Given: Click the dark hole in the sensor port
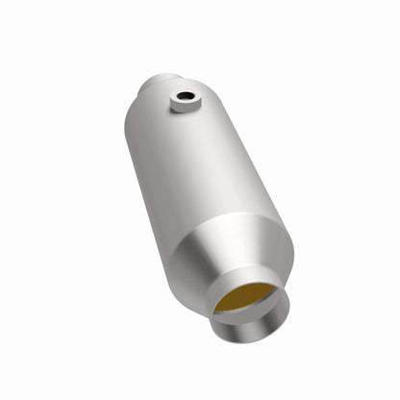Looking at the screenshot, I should click(x=182, y=96).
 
